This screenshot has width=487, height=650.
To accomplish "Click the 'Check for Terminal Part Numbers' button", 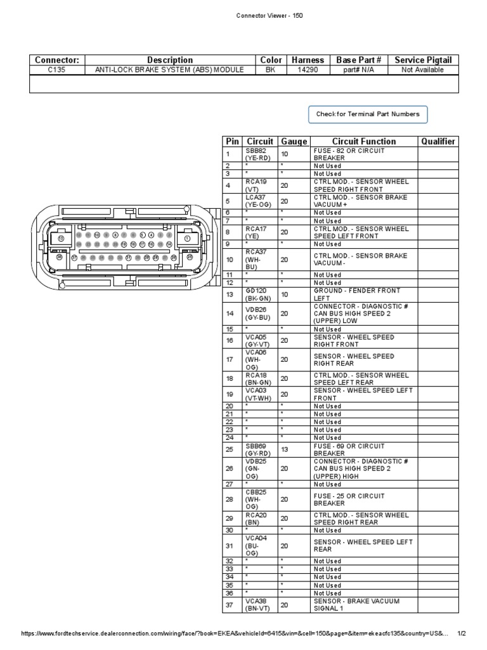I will (x=368, y=114).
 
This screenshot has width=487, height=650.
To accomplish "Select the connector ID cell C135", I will (x=56, y=70).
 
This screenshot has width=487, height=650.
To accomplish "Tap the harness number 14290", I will (x=308, y=70).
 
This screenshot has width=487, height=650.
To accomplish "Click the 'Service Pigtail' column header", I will (x=423, y=60).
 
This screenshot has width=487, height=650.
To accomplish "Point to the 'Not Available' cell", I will (x=423, y=70).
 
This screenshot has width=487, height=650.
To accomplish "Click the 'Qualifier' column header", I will (x=438, y=142).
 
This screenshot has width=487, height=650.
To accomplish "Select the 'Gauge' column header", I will (x=294, y=142).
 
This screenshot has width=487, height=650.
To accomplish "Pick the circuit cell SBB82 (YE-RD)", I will (x=260, y=154).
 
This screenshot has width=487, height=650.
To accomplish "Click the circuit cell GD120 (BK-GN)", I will (x=260, y=295).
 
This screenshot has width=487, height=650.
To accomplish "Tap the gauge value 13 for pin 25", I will (x=285, y=449).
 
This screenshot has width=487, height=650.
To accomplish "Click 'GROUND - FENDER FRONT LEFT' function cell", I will (x=365, y=295).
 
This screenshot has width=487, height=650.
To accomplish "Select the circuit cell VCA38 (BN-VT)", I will (x=260, y=605).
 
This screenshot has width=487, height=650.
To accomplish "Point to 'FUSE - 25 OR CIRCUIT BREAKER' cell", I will (x=365, y=499).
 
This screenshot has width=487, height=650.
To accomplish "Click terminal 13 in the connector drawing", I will (x=62, y=237).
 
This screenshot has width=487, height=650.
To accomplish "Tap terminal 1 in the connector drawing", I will (x=187, y=237).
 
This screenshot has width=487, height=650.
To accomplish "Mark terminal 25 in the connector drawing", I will (x=189, y=257).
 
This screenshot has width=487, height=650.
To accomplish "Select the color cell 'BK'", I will (x=271, y=70).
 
